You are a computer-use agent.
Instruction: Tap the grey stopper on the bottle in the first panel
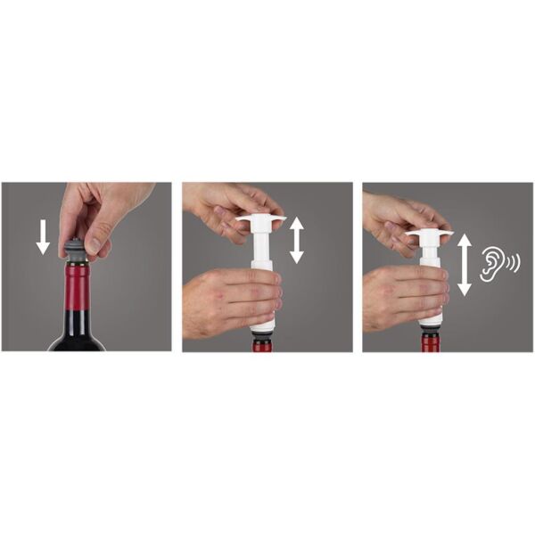pyautogui.click(x=75, y=250)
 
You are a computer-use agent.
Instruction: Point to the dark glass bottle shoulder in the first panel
pyautogui.click(x=77, y=339)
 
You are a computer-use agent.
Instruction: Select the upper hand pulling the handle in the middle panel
pyautogui.click(x=218, y=205)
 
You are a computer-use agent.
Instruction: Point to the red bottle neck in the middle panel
pyautogui.click(x=264, y=345)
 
